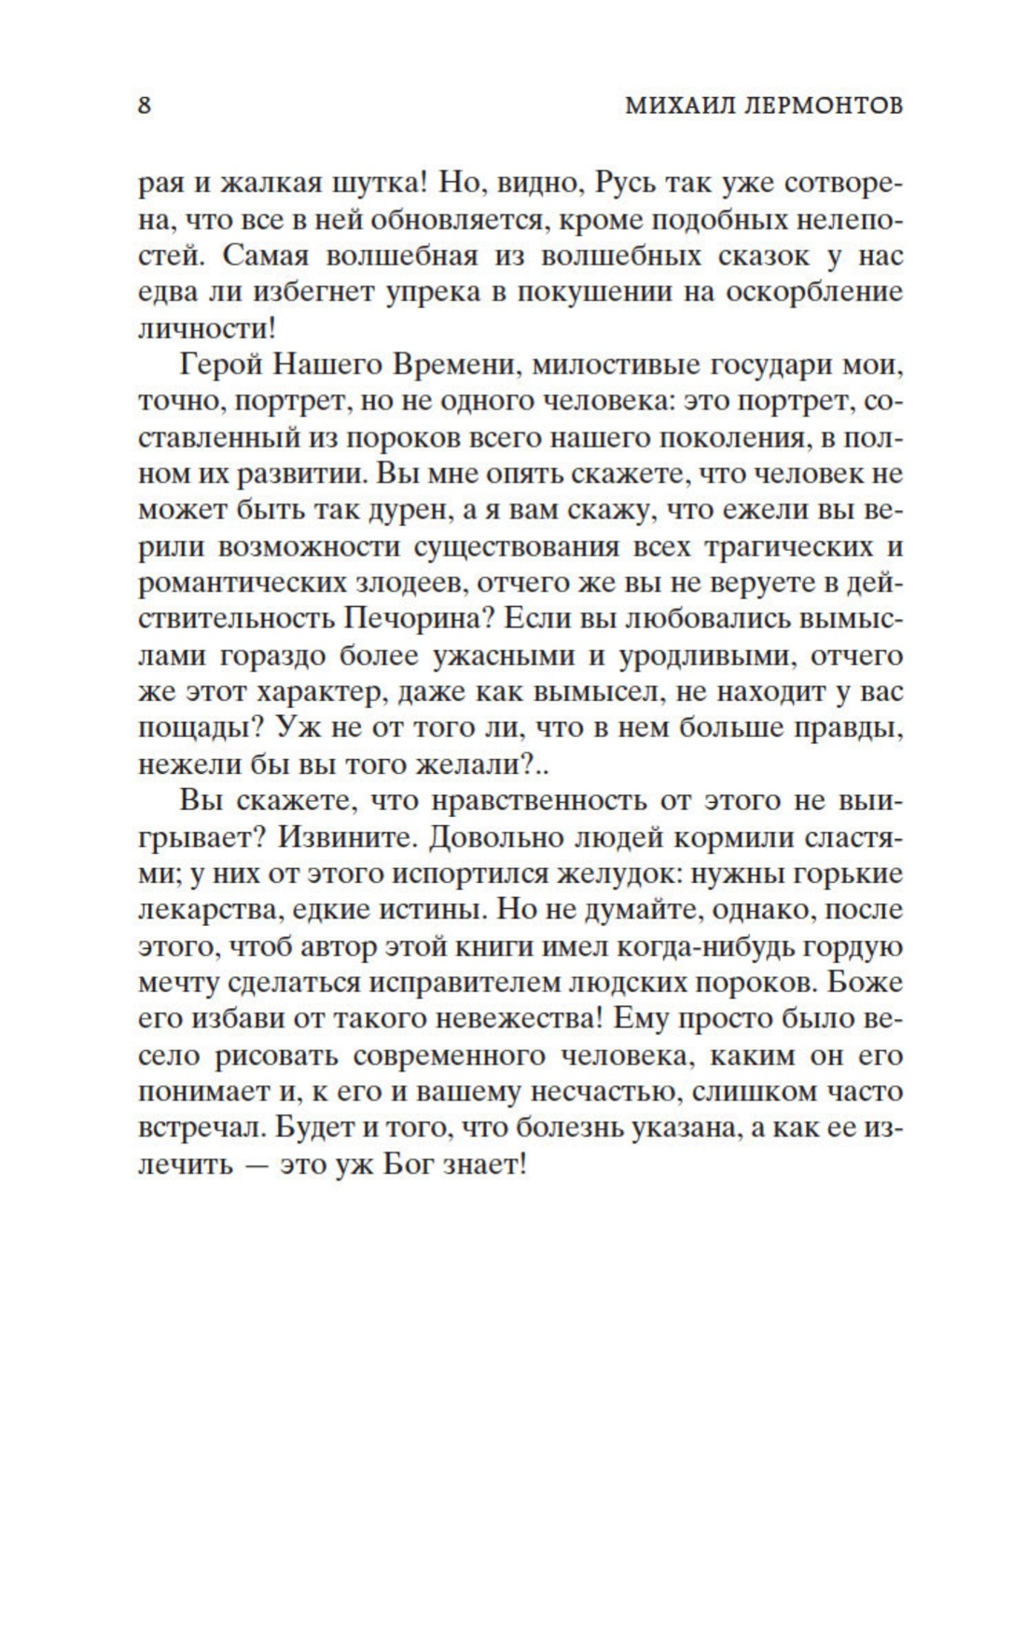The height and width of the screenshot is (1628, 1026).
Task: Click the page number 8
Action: (145, 105)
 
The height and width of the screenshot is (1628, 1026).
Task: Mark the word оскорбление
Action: (809, 292)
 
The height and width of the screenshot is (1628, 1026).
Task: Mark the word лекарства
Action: (204, 910)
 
